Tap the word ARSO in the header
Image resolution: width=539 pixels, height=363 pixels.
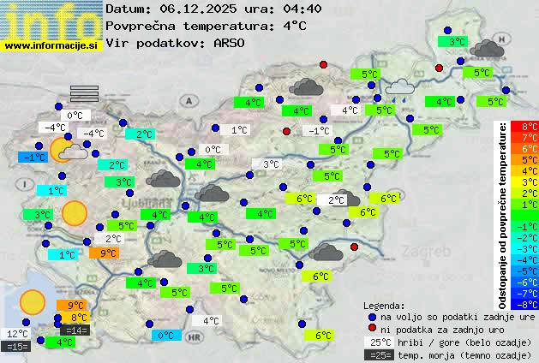point(231,43)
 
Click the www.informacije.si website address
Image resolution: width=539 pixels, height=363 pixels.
point(51,45)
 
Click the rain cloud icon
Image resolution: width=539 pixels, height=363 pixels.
point(398,86)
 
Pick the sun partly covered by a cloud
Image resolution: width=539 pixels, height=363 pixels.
point(68,151)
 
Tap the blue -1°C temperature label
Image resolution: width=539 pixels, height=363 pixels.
point(34,158)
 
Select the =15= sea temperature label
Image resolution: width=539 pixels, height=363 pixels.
point(17,347)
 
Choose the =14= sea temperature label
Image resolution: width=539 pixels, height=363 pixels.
point(75,330)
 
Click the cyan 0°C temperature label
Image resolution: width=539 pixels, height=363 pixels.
point(166,336)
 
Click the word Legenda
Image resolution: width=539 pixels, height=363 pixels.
point(384,305)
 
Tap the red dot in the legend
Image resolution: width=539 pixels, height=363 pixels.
point(372,329)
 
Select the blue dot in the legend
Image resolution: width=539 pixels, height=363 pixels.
point(372,316)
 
